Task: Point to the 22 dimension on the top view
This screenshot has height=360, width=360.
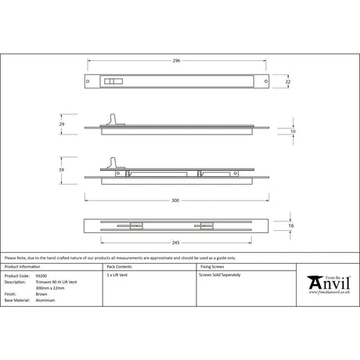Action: (289, 81)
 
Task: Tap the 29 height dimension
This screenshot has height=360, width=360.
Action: (62, 124)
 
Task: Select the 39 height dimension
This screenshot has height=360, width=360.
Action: (62, 169)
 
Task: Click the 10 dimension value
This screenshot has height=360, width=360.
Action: (292, 133)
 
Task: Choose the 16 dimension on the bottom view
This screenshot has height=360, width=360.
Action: (292, 225)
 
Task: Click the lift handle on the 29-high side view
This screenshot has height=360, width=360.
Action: (117, 118)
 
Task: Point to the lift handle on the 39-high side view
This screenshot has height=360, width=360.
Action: (117, 163)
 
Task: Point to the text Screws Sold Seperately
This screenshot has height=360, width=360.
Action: (221, 276)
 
